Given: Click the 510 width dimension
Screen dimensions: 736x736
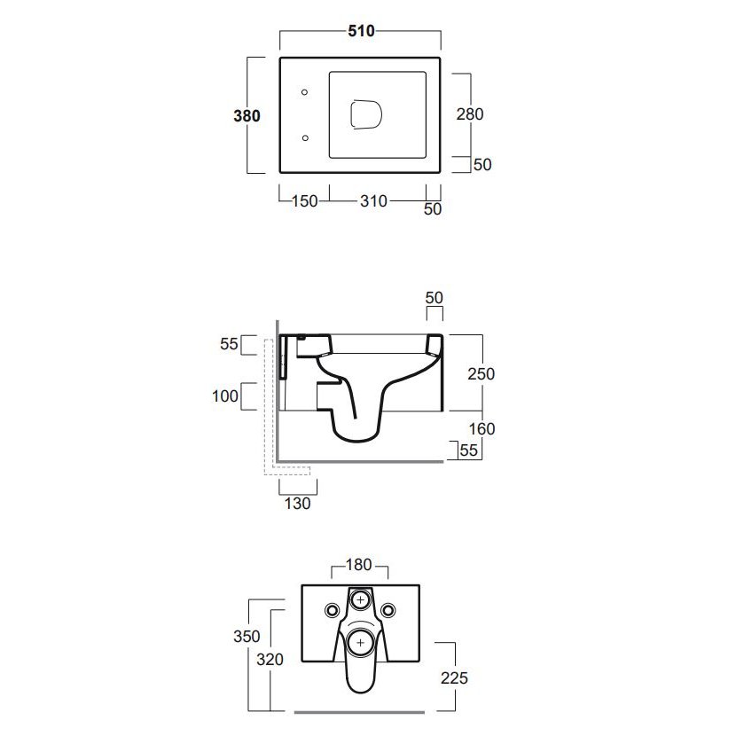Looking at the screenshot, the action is tap(361, 31).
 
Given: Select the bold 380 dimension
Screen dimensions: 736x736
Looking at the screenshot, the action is tap(247, 115).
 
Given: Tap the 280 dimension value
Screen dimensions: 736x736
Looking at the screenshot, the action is tap(470, 114).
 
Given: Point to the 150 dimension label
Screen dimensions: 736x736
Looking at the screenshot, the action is tap(305, 201).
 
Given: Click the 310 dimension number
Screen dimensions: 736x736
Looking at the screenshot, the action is tap(373, 201).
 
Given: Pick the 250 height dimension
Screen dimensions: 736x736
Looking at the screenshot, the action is tap(482, 373).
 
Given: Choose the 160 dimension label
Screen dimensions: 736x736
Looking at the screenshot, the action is tap(482, 428).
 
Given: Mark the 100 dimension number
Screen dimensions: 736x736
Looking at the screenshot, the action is tap(225, 395).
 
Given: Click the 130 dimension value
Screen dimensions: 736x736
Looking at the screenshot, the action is tap(298, 503).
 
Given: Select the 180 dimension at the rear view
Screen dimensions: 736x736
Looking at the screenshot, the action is tap(359, 565).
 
